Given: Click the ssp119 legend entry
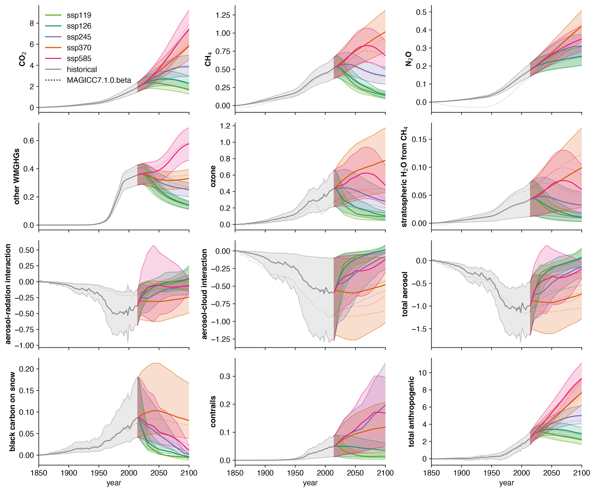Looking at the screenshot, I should click(x=79, y=15).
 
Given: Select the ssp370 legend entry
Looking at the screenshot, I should click(x=79, y=48).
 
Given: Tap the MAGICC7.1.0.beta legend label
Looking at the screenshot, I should click(x=99, y=80).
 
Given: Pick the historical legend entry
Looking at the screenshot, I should click(x=81, y=69).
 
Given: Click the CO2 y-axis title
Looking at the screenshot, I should click(x=22, y=59).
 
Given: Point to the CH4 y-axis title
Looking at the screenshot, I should click(x=208, y=59).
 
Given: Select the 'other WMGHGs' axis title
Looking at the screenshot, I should click(x=17, y=176).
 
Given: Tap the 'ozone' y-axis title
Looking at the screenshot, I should click(x=213, y=176).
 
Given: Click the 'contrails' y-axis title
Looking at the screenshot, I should click(x=213, y=411).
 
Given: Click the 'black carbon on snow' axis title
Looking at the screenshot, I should click(x=12, y=411).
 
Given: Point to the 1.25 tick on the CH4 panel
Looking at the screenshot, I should click(x=223, y=15).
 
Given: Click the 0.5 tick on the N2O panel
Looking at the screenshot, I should click(x=422, y=12).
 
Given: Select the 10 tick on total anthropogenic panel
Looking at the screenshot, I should click(x=422, y=373).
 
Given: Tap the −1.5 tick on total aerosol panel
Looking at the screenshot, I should click(x=418, y=329).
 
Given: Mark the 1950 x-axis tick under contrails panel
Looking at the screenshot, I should click(x=295, y=473).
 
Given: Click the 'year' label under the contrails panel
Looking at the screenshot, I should click(x=310, y=483).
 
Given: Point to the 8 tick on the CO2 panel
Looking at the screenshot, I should click(x=32, y=23).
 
